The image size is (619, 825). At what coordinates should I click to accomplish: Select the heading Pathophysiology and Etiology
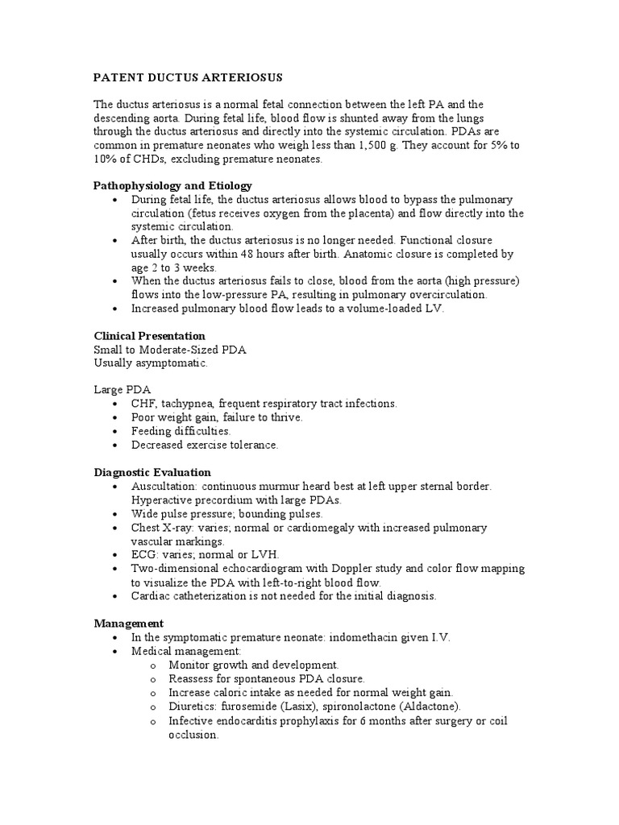(x=172, y=185)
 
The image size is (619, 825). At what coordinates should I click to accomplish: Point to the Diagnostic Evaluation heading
(x=152, y=472)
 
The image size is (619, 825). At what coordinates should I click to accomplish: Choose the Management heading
(x=129, y=623)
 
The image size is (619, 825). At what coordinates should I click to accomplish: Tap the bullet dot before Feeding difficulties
(x=118, y=431)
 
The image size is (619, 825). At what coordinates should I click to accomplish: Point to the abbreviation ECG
(x=144, y=555)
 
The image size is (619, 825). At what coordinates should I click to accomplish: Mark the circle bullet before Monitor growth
(x=153, y=665)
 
